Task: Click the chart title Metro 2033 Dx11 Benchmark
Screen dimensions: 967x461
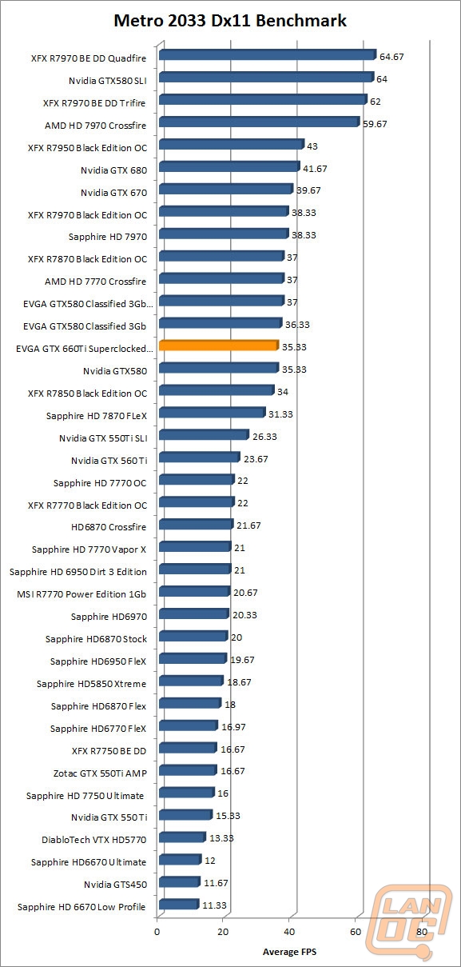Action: click(x=230, y=21)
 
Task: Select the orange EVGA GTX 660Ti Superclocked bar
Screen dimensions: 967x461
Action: click(x=218, y=346)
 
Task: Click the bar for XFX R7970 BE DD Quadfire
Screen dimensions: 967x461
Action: click(x=267, y=55)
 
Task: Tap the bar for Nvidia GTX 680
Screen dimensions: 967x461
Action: click(x=229, y=167)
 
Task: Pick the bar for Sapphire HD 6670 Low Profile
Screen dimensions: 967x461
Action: click(x=178, y=905)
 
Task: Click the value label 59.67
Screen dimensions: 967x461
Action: click(x=375, y=124)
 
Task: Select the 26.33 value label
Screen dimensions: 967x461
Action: click(x=265, y=436)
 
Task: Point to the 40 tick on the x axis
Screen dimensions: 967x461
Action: click(x=289, y=932)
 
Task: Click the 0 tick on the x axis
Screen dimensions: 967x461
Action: click(x=157, y=932)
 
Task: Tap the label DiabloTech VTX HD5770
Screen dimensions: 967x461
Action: click(x=94, y=840)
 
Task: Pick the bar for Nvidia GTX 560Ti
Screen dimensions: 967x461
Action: click(x=199, y=458)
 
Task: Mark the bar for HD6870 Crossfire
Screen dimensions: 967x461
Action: click(x=196, y=525)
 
